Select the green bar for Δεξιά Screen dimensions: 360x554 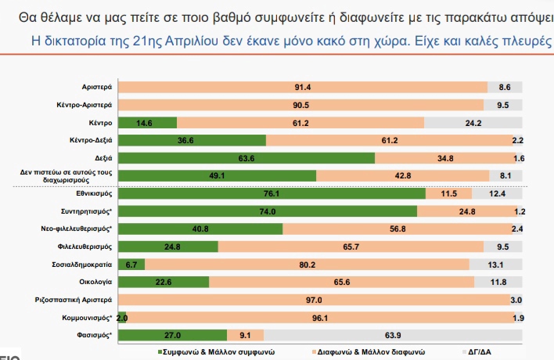[x=246, y=158]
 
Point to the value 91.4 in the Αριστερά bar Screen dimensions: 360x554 [x=303, y=87]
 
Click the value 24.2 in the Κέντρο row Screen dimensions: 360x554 [x=473, y=123]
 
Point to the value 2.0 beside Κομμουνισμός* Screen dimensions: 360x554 [x=121, y=318]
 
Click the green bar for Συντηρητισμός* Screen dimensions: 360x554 [x=267, y=211]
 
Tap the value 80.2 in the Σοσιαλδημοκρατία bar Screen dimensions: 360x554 [x=300, y=265]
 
